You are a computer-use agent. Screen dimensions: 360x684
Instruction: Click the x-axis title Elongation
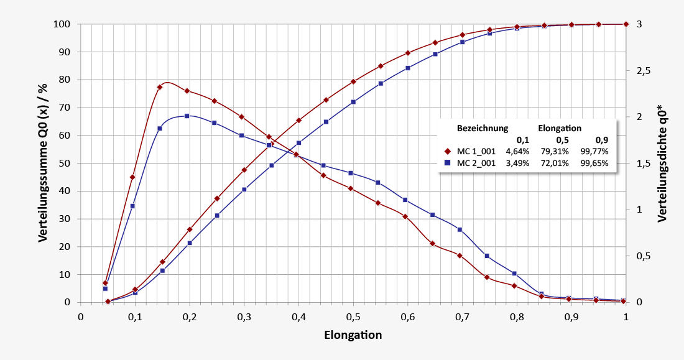pos(353,335)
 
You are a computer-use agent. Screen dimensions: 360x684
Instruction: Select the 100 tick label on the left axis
pos(62,24)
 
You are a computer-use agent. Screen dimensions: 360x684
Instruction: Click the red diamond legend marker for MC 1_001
pos(447,151)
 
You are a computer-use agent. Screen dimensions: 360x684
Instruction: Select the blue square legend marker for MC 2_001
pos(447,164)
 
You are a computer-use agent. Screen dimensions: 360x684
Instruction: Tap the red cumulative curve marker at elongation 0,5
pos(353,81)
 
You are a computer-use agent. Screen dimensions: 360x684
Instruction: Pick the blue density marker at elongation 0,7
pos(460,229)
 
